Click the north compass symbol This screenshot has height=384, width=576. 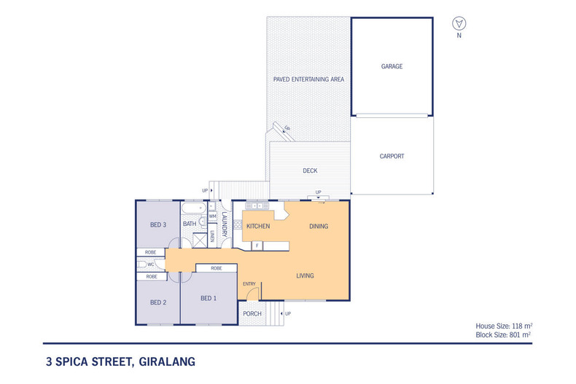[458, 23]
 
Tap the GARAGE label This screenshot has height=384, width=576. [392, 66]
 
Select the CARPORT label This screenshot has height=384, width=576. [392, 157]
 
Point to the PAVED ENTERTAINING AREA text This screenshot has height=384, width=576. [308, 79]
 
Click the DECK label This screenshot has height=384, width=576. [310, 171]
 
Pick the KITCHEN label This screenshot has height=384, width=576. [258, 227]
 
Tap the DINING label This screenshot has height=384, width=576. [319, 227]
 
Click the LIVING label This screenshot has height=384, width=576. [305, 275]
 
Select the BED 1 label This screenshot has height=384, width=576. [209, 298]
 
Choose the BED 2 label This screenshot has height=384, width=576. [158, 302]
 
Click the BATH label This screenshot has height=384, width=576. [190, 224]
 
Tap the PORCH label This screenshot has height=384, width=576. [252, 314]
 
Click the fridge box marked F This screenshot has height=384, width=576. [257, 246]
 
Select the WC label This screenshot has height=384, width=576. [151, 265]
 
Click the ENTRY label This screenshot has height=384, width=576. [249, 284]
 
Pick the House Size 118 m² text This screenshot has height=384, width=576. [502, 326]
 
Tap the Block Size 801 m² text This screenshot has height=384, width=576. [502, 334]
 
